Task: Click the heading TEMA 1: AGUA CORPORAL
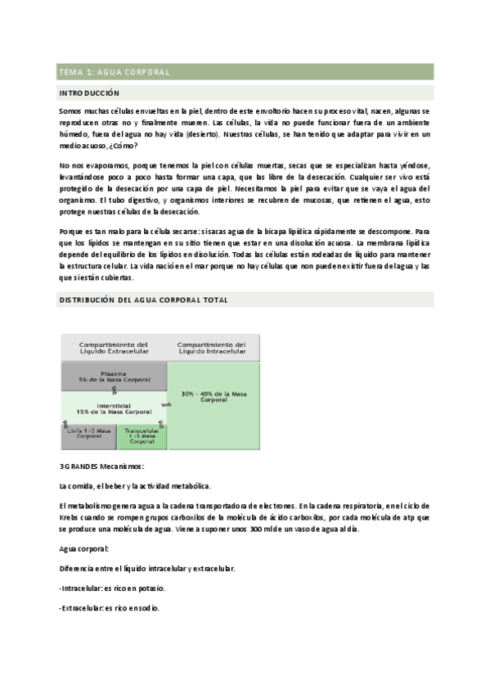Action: [114, 72]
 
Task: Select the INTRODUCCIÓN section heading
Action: [89, 93]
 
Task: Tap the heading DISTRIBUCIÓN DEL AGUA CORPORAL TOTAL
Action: [143, 300]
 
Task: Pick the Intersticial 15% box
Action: [113, 407]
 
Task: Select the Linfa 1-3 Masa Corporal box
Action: [88, 435]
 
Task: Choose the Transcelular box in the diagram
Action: [142, 436]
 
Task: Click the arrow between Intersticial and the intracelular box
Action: [168, 404]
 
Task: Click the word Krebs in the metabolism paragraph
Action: [71, 519]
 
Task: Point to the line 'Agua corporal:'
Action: [85, 548]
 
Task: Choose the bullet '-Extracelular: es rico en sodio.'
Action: [110, 608]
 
